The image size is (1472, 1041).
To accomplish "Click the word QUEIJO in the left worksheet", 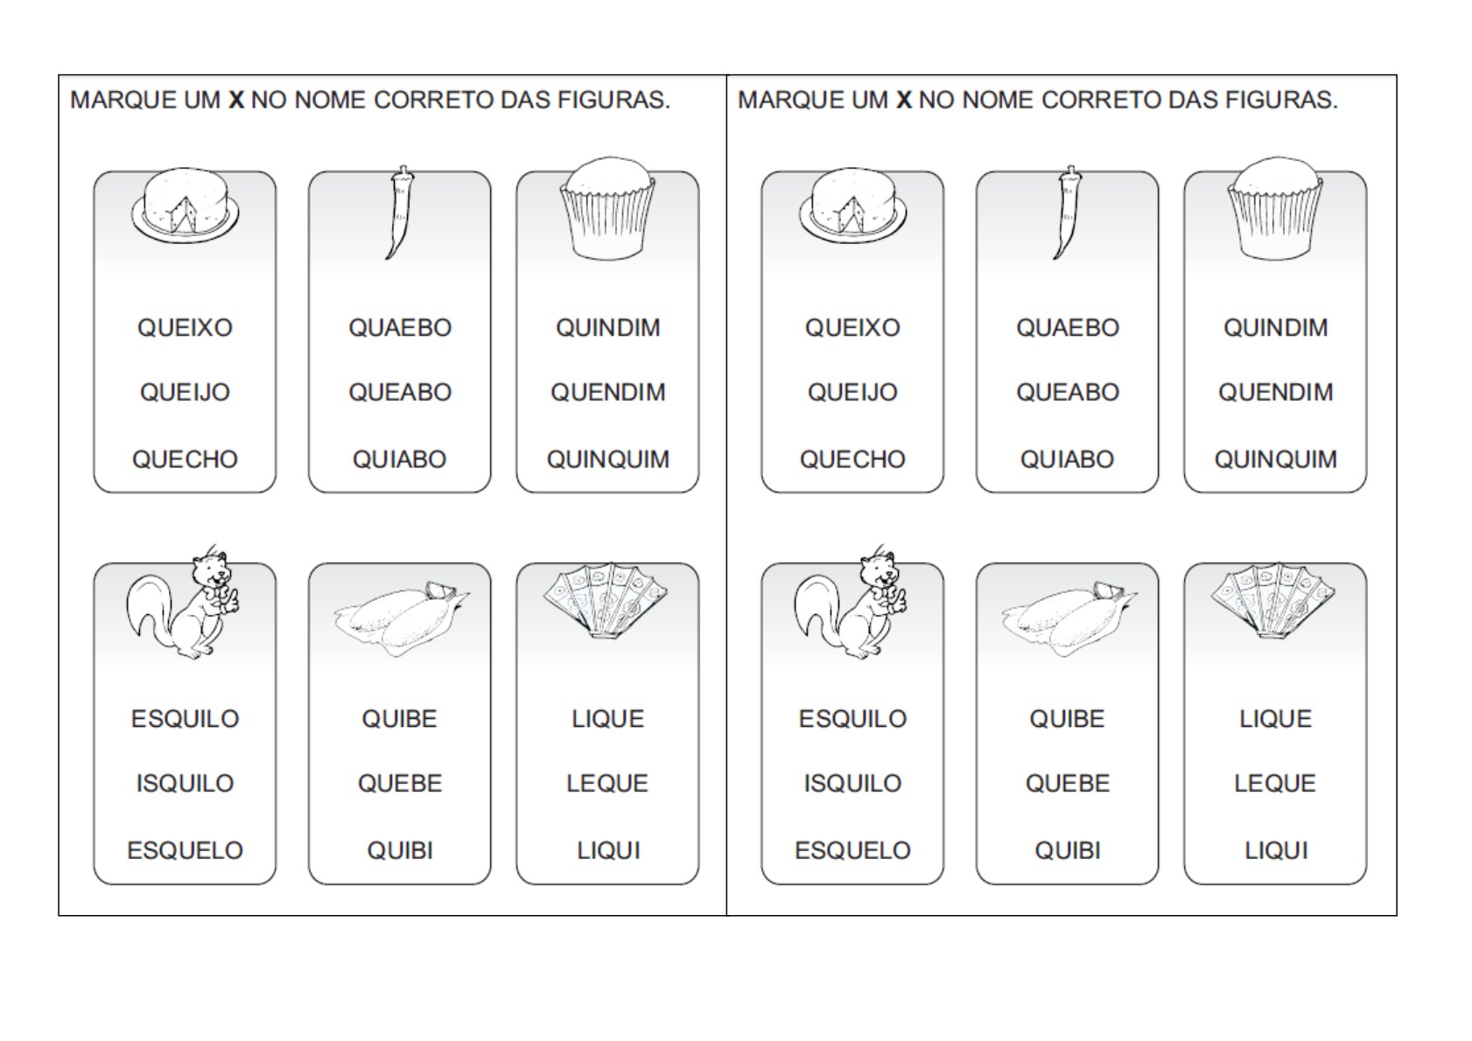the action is tap(185, 393).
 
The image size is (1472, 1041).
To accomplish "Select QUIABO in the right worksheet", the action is tap(1067, 459).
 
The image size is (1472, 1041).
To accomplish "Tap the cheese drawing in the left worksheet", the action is tap(186, 204).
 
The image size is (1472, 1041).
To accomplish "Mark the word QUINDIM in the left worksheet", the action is tap(608, 328).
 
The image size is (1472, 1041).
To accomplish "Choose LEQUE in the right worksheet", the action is tap(1275, 784).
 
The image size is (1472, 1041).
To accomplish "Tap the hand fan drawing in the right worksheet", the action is tap(1272, 600).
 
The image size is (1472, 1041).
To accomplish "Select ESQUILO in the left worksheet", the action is tap(185, 719).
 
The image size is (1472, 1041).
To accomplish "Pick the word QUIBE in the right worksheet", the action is tap(1067, 719).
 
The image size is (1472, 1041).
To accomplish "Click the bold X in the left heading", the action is tap(236, 101).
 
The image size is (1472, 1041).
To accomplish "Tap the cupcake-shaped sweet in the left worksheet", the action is tap(608, 208).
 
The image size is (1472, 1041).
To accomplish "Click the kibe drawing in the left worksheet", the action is tap(401, 618).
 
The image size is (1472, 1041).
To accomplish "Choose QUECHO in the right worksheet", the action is tap(852, 459).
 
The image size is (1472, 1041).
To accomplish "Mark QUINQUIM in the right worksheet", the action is tap(1275, 459).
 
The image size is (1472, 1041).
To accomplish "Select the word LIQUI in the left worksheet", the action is tap(608, 851).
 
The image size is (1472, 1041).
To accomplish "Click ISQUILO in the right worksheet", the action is tap(852, 784).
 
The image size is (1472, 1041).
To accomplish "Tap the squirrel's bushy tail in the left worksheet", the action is tap(149, 606).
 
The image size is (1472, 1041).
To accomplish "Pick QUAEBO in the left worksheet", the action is tap(400, 328).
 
